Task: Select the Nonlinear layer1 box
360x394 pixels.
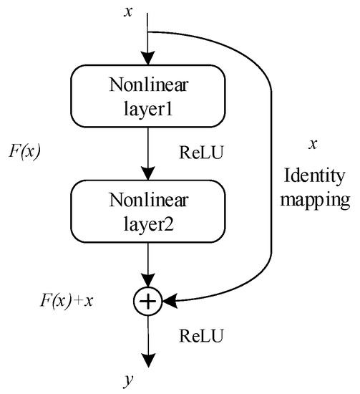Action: click(147, 95)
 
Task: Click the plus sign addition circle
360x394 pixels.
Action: click(147, 303)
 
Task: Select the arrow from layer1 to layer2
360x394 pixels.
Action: click(147, 154)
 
